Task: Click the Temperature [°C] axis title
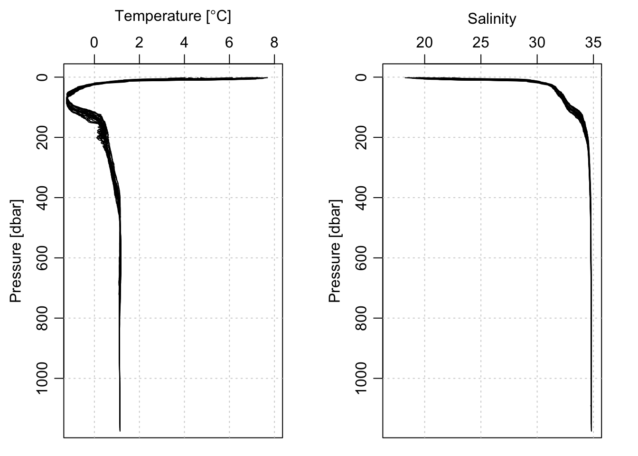click(x=173, y=17)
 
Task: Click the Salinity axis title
click(x=492, y=19)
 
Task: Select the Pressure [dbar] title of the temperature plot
click(x=16, y=250)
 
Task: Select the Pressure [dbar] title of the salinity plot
click(x=335, y=250)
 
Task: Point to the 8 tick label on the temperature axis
click(x=274, y=43)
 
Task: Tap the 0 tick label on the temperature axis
click(x=94, y=43)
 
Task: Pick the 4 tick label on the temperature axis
click(x=184, y=43)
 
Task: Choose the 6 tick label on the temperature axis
click(x=229, y=43)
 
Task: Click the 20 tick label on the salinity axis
click(x=424, y=43)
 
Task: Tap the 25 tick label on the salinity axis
click(x=481, y=43)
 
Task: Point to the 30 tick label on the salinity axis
click(x=537, y=43)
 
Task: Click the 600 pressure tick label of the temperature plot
click(x=42, y=258)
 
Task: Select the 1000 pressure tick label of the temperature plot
click(x=42, y=378)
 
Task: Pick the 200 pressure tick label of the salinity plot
click(x=361, y=137)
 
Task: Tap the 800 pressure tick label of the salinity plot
click(x=361, y=318)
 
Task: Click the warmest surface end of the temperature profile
click(x=267, y=77)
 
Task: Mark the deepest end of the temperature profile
click(x=120, y=431)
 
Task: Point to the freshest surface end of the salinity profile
click(x=405, y=77)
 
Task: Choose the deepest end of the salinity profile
click(x=591, y=431)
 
